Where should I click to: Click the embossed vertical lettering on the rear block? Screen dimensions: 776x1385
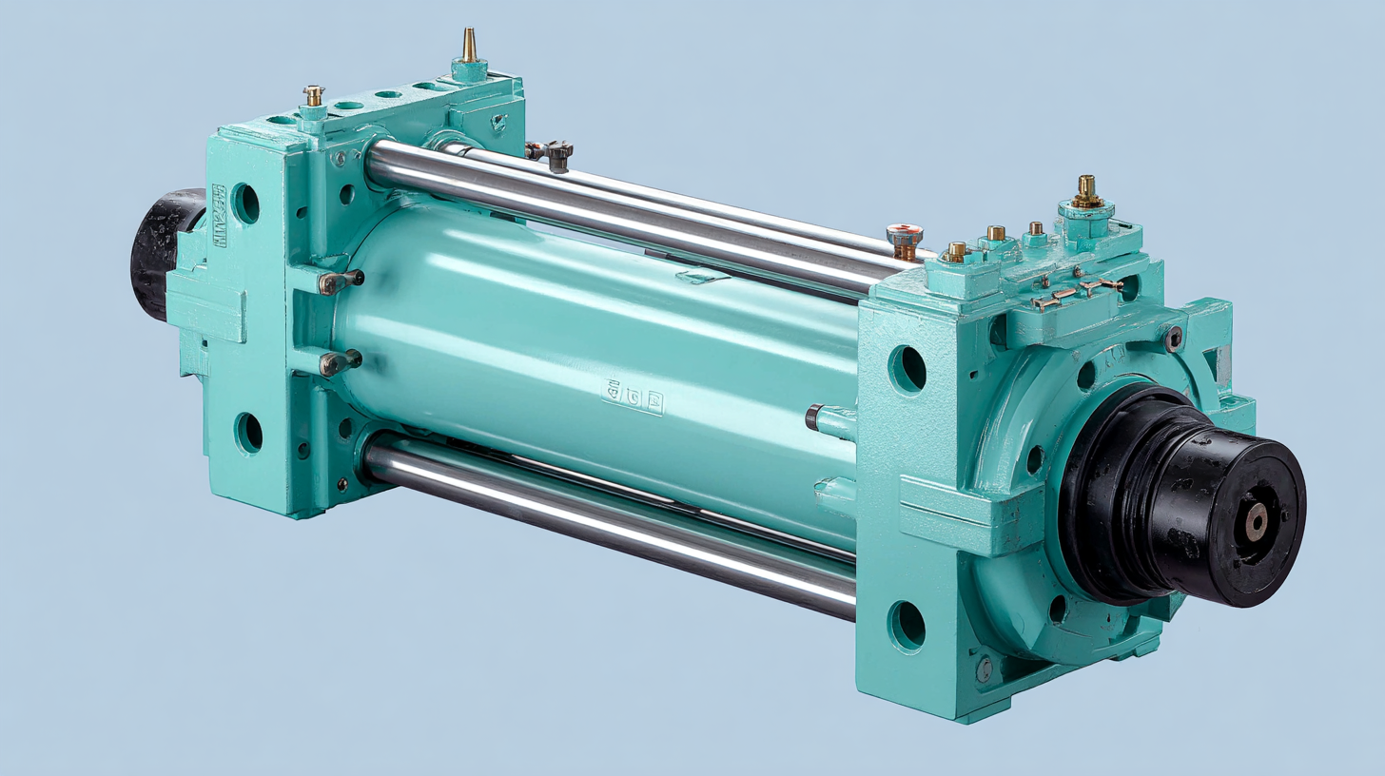[220, 217]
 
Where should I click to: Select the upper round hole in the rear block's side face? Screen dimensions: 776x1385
[246, 204]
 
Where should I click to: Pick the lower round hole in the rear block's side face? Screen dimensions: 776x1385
[248, 433]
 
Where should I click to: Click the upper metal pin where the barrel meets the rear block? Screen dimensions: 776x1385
[341, 281]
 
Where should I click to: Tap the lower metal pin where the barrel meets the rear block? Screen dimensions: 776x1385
[341, 362]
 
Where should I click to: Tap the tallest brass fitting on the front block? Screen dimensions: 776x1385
[1085, 191]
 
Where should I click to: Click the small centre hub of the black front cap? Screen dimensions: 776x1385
[1257, 522]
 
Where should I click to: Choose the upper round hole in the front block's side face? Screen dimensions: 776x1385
[907, 369]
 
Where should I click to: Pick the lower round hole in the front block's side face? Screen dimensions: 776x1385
[907, 626]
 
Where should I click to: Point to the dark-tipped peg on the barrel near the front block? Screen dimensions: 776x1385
[816, 417]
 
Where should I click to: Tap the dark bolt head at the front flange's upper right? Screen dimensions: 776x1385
[1173, 338]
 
